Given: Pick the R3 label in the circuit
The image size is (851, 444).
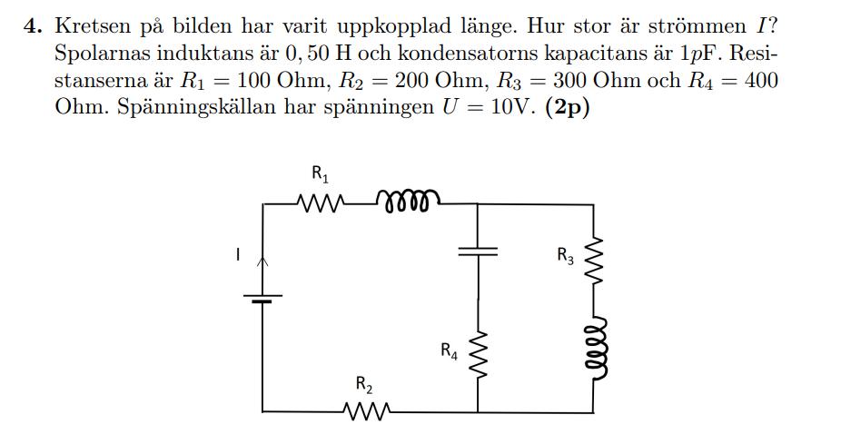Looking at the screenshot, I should click(x=566, y=255).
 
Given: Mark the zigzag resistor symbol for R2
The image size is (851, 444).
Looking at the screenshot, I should click(x=364, y=413).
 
